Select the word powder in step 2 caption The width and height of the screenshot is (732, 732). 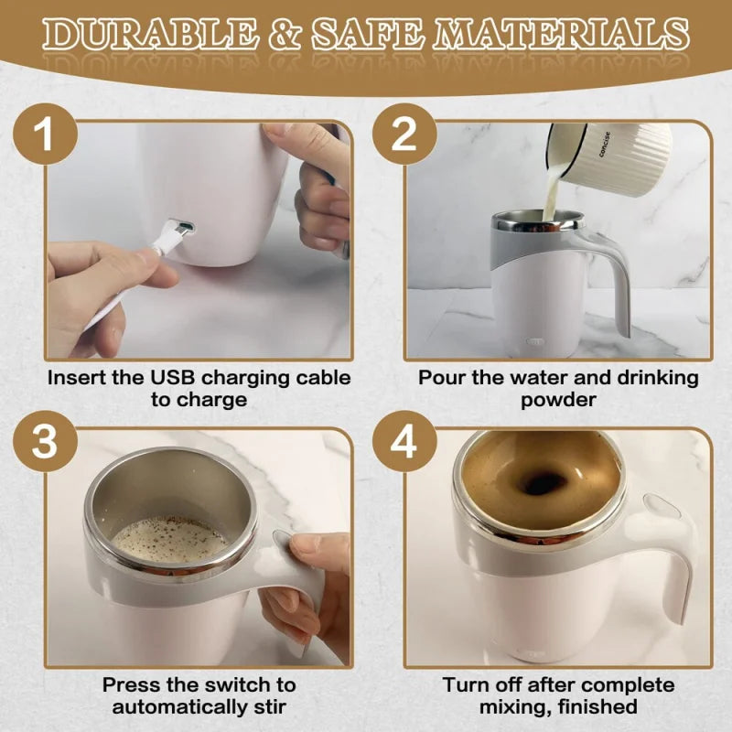click(558, 400)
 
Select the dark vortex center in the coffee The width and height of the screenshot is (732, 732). click(544, 483)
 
